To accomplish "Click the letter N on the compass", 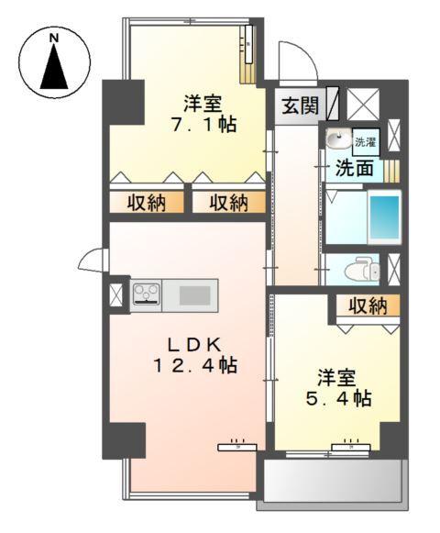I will pos(54,38).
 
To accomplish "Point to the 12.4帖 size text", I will pos(194,365).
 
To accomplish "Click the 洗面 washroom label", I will pos(353,168).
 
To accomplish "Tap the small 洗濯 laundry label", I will pos(365,142).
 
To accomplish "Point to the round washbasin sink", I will pos(337,140).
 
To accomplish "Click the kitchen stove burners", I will pos(146,294).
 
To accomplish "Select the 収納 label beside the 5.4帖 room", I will pos(367,306).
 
